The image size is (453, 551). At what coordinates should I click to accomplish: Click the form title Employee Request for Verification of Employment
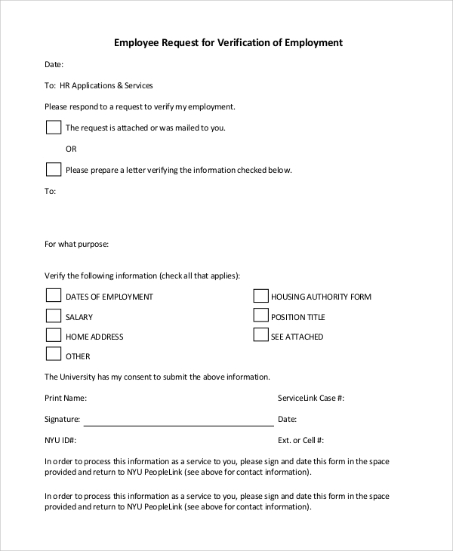228,43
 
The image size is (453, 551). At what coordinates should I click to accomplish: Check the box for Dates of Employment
54,295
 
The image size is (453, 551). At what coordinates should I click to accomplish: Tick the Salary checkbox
54,316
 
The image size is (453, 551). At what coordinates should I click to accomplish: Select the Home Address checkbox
54,335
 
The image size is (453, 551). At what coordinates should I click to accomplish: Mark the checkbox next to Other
54,354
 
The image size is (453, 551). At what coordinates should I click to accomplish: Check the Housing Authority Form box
260,295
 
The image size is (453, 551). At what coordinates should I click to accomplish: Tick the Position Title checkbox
260,316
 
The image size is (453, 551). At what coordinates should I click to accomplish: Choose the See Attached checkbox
260,335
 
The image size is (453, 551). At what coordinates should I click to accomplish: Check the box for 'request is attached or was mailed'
54,127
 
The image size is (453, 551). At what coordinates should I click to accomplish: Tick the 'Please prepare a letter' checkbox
54,169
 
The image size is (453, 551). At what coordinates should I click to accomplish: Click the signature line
177,425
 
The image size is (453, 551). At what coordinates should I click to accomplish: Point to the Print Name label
66,398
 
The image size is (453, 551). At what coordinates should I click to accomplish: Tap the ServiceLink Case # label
311,398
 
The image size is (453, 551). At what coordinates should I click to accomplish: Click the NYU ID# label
60,440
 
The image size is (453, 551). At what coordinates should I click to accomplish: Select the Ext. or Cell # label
300,440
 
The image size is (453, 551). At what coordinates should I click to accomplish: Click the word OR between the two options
72,149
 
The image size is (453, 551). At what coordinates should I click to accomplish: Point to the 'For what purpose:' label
77,245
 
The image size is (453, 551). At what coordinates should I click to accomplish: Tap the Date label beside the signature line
287,419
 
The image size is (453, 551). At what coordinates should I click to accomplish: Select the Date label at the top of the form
54,65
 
